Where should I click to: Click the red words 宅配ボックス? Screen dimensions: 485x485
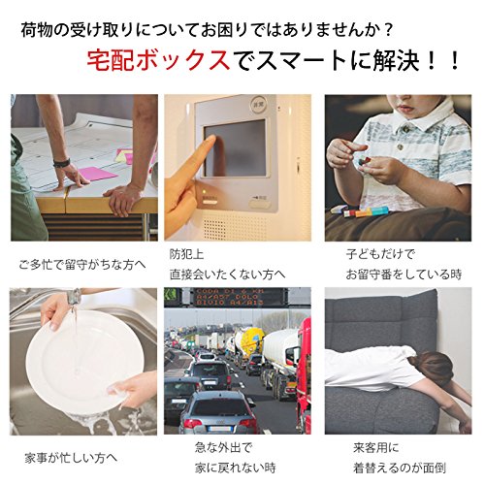(159, 60)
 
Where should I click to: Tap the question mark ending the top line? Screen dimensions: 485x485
(389, 30)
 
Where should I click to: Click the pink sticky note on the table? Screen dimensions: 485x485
(97, 174)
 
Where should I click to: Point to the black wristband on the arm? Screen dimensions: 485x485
(61, 162)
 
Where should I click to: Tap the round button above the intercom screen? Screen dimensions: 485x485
(258, 104)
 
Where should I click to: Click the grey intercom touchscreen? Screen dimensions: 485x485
(235, 148)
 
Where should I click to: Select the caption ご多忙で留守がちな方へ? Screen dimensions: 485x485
(82, 265)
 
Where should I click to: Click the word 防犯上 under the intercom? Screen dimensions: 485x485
(186, 254)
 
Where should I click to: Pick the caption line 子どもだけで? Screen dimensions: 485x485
(380, 254)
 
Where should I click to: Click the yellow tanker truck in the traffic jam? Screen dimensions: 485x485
(249, 342)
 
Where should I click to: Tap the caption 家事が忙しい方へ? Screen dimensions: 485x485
(71, 458)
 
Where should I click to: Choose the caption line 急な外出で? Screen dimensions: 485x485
(223, 448)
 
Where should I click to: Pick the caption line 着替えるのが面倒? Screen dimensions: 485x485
(400, 468)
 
